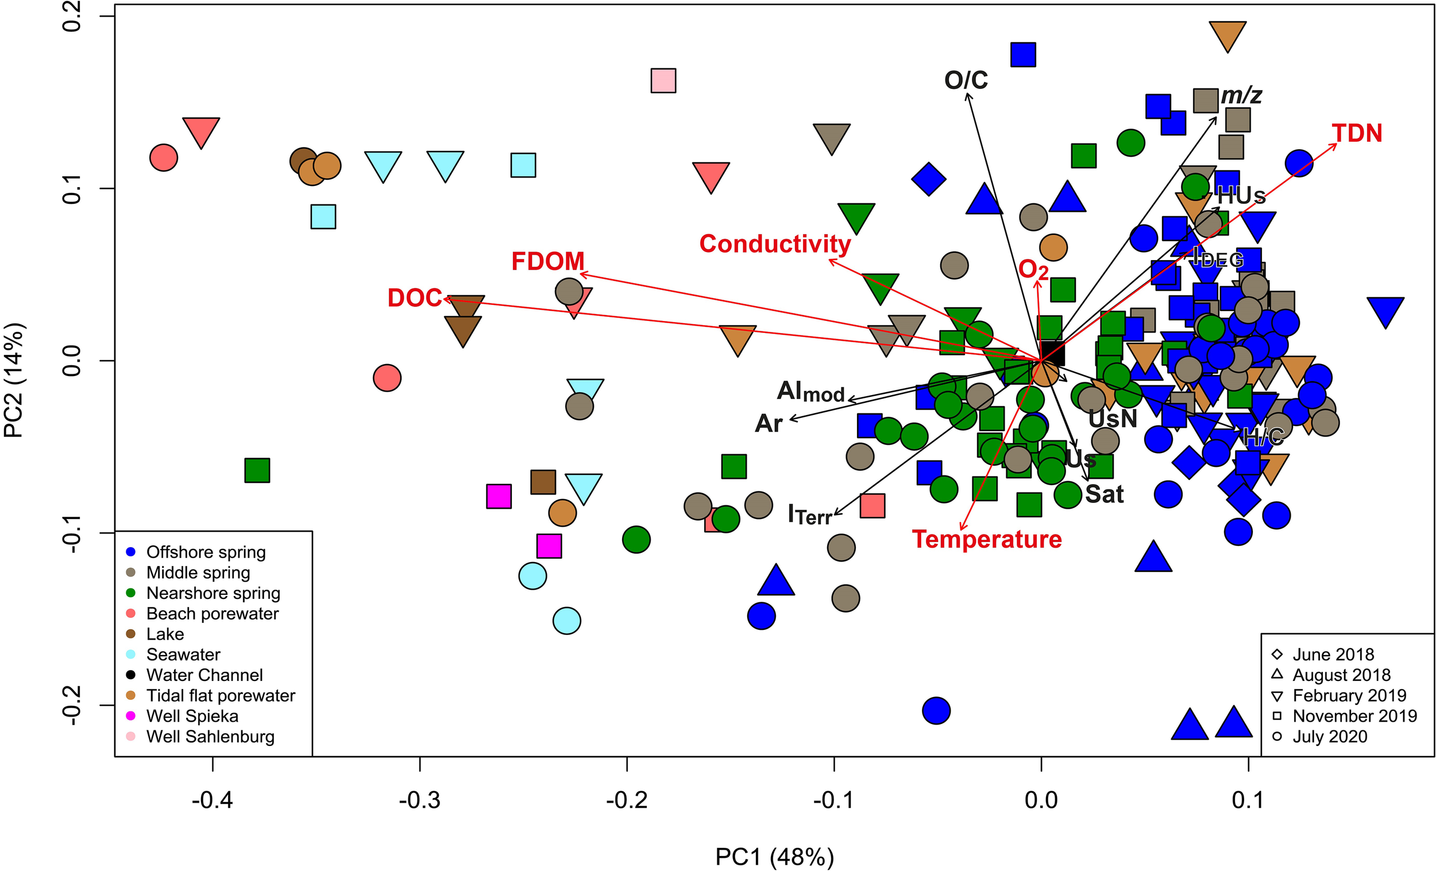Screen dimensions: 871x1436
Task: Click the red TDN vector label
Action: pyautogui.click(x=1357, y=133)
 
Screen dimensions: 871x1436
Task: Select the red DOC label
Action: pyautogui.click(x=414, y=298)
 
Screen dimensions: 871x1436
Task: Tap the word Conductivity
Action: pyautogui.click(x=774, y=243)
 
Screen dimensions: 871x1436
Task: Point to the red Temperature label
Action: pyautogui.click(x=987, y=539)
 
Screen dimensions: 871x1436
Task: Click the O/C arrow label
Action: pyautogui.click(x=966, y=80)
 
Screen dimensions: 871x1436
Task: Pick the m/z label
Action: pyautogui.click(x=1241, y=95)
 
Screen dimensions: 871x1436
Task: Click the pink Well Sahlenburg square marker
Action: pyautogui.click(x=663, y=80)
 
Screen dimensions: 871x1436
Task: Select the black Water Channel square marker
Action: pyautogui.click(x=1052, y=353)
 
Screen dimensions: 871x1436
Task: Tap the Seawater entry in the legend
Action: pyautogui.click(x=183, y=655)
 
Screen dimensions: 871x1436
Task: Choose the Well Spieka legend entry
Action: pyautogui.click(x=192, y=715)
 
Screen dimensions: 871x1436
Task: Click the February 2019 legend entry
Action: pyautogui.click(x=1349, y=695)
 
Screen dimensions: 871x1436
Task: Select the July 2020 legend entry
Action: pyautogui.click(x=1329, y=736)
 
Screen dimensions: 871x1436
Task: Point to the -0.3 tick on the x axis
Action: pyautogui.click(x=420, y=800)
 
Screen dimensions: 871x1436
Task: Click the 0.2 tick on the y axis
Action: pyautogui.click(x=72, y=16)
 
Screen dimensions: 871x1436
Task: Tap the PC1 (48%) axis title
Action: pyautogui.click(x=774, y=857)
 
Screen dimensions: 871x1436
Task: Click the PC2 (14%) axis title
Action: pyautogui.click(x=14, y=380)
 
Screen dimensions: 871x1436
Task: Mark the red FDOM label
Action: pyautogui.click(x=547, y=261)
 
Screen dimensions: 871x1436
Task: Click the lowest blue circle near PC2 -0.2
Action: pyautogui.click(x=936, y=710)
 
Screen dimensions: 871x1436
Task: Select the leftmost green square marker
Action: pyautogui.click(x=257, y=470)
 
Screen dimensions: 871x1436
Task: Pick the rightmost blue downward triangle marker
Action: pyautogui.click(x=1385, y=311)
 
